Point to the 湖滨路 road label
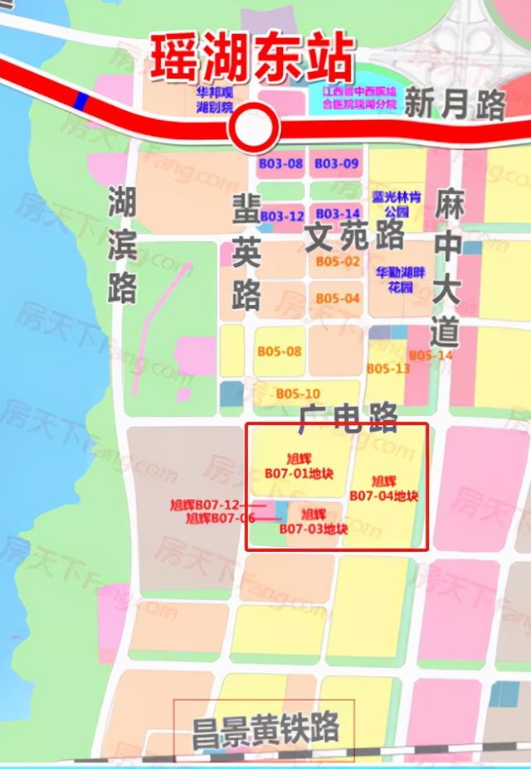pyautogui.click(x=123, y=244)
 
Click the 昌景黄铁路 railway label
pyautogui.click(x=265, y=730)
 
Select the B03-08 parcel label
pyautogui.click(x=280, y=164)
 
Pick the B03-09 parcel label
pyautogui.click(x=337, y=164)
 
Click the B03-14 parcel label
pyautogui.click(x=338, y=214)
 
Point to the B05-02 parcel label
pyautogui.click(x=338, y=262)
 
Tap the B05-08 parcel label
pyautogui.click(x=279, y=351)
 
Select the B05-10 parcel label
pyautogui.click(x=298, y=393)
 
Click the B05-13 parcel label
pyautogui.click(x=388, y=368)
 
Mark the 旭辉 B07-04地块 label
pyautogui.click(x=383, y=489)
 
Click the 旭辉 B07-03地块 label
pyautogui.click(x=313, y=521)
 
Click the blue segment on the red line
pyautogui.click(x=80, y=101)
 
